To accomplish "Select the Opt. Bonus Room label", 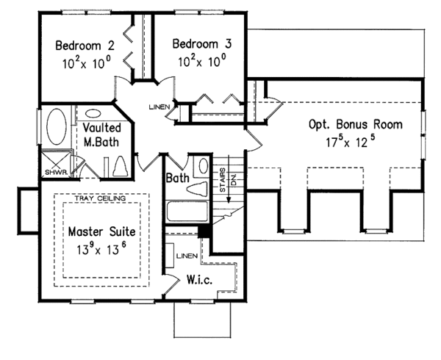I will pos(355,125).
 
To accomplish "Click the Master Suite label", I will pos(101,231).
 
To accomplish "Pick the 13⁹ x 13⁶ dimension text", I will pos(102,249).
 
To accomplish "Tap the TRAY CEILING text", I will pos(101,199).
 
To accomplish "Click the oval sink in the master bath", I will pos(93,115).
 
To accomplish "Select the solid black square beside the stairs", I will pos(205,231).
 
